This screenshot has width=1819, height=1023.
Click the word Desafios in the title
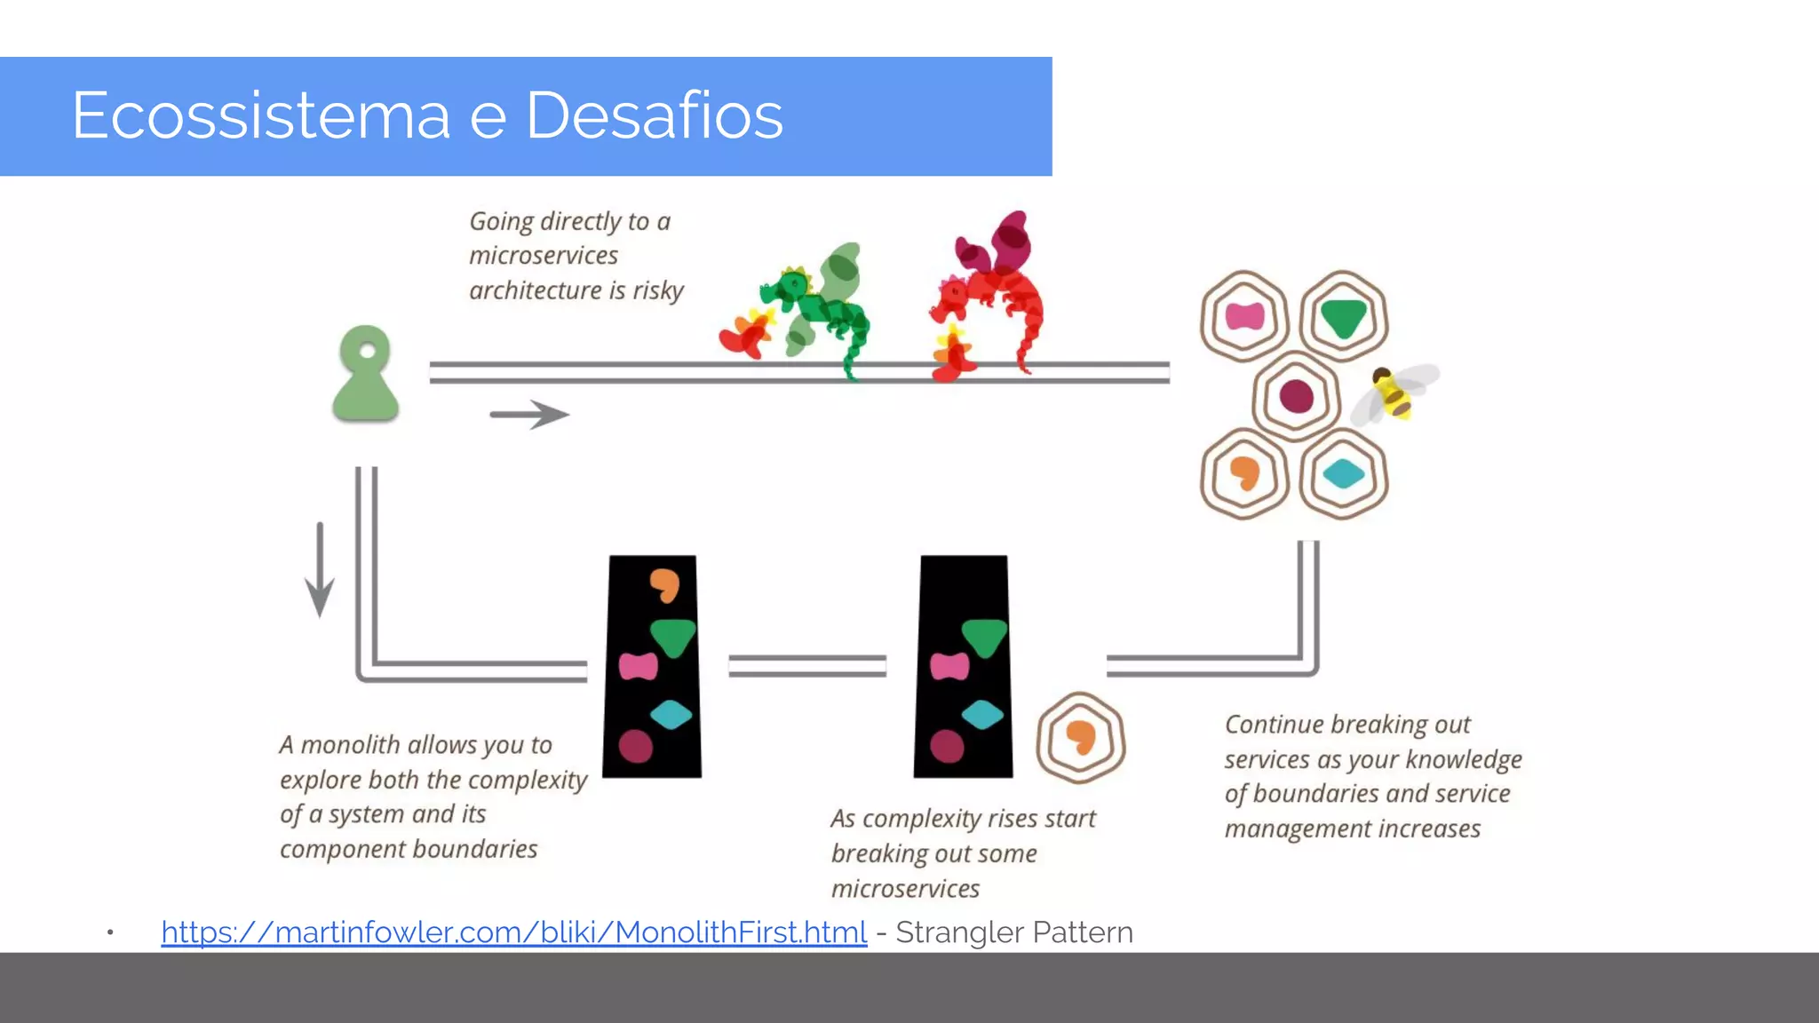point(655,115)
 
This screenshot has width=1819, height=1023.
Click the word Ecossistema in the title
point(261,115)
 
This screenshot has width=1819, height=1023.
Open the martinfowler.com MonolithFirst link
point(513,932)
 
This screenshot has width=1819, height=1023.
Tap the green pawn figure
point(365,374)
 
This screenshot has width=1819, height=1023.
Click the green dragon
point(818,306)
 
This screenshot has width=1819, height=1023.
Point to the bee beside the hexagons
point(1394,393)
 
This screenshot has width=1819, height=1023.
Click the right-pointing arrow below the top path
point(529,414)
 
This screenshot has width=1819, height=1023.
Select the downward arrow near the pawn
point(320,569)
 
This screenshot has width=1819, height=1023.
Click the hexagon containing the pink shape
point(1244,316)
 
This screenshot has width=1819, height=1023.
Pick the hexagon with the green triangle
point(1343,316)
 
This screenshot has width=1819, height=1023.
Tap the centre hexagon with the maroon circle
point(1296,396)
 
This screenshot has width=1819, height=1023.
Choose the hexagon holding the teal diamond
point(1343,474)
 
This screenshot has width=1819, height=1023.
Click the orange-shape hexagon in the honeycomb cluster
point(1244,474)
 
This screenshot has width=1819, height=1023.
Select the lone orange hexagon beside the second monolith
point(1080,737)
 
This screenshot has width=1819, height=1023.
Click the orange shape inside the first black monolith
point(664,584)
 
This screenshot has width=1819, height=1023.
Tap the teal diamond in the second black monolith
point(981,714)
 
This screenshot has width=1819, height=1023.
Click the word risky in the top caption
point(658,290)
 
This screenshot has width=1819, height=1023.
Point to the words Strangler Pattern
point(1014,932)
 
